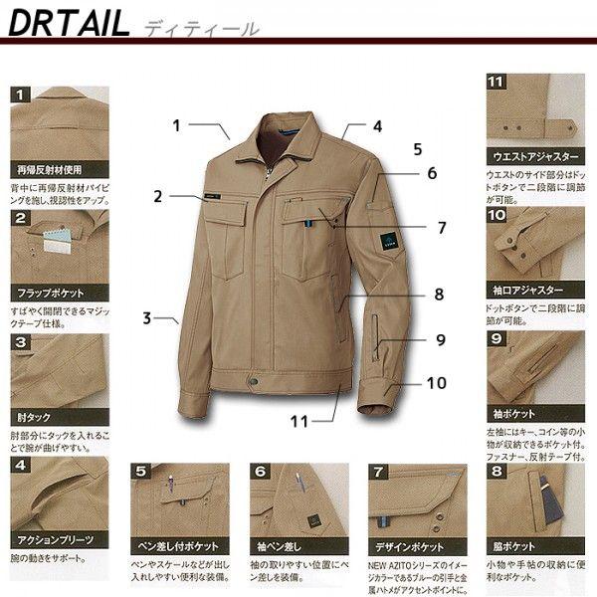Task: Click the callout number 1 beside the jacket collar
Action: (x=176, y=126)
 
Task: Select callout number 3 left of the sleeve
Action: (x=146, y=318)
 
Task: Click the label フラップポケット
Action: (x=48, y=295)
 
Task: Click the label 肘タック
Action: (x=35, y=417)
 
